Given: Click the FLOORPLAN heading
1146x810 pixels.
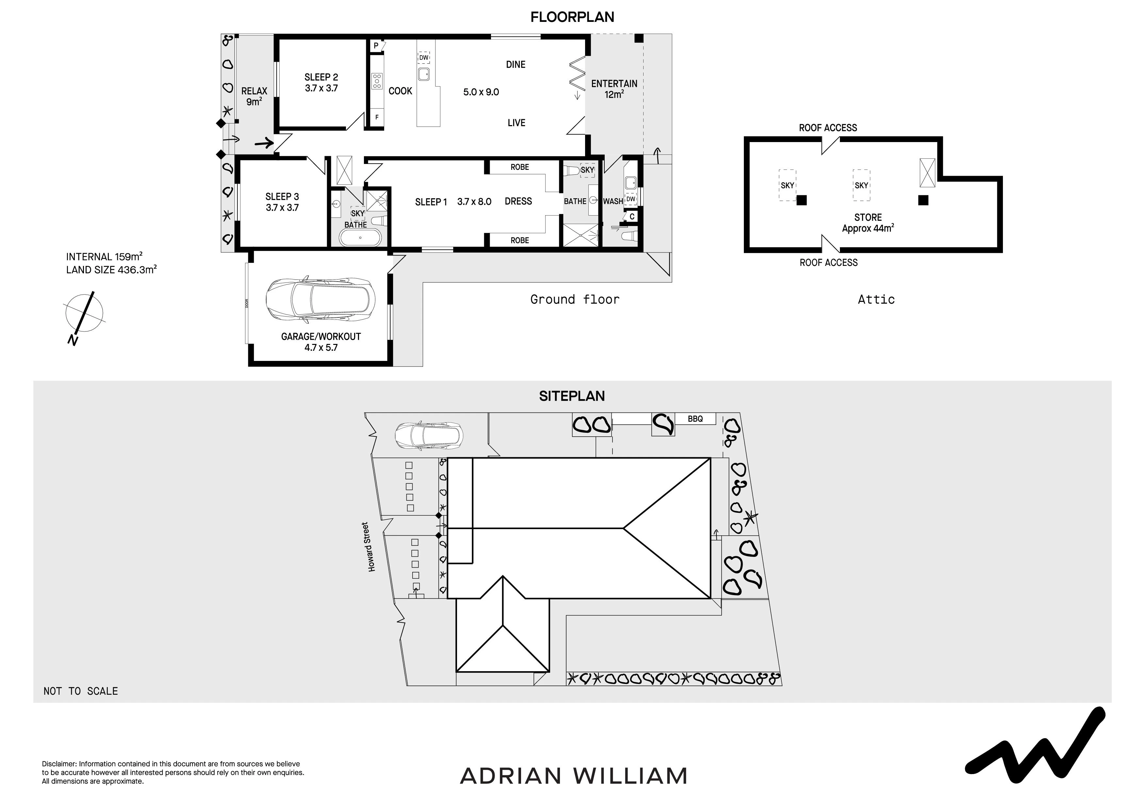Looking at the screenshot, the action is click(572, 17).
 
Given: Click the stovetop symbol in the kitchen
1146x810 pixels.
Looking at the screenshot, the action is click(377, 81).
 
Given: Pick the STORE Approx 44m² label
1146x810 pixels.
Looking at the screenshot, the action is click(868, 223).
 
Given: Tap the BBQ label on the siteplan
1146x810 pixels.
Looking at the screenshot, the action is click(695, 419).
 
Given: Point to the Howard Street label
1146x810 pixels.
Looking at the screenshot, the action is click(372, 547).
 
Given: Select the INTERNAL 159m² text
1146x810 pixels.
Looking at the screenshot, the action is click(104, 256).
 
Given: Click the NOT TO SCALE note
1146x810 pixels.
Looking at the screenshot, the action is click(81, 691).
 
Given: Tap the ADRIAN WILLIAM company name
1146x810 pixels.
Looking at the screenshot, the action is click(574, 776).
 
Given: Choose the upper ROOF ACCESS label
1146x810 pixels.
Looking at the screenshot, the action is click(828, 128).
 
